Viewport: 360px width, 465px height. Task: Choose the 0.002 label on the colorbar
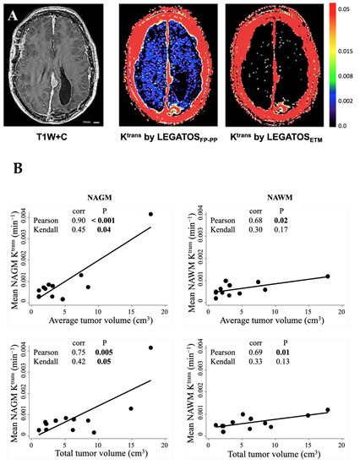point(347,100)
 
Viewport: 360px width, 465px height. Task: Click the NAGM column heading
point(95,193)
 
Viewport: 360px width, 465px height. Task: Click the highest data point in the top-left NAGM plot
point(151,214)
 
